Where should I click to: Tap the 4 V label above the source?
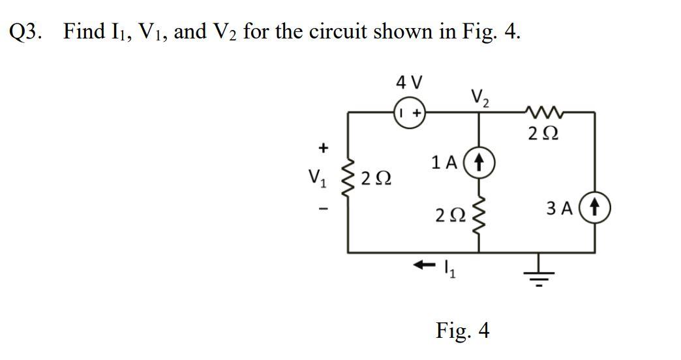click(409, 83)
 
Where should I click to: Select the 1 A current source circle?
click(480, 161)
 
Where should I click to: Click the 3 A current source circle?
click(594, 210)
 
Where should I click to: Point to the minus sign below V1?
click(321, 209)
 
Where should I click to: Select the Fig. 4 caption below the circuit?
click(462, 330)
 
